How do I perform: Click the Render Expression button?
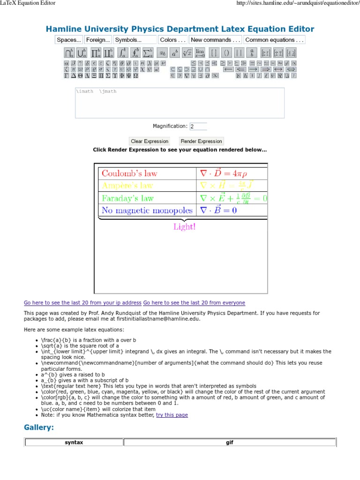202,141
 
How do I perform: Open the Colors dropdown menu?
172,40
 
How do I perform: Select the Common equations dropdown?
275,40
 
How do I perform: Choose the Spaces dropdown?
69,40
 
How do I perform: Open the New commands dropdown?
216,40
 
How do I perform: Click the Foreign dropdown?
98,40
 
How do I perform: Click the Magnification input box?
198,126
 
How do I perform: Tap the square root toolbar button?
187,52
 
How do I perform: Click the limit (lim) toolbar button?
200,52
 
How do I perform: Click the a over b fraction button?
252,52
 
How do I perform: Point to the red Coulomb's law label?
129,173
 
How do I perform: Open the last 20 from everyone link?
194,303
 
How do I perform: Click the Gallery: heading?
39,427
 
